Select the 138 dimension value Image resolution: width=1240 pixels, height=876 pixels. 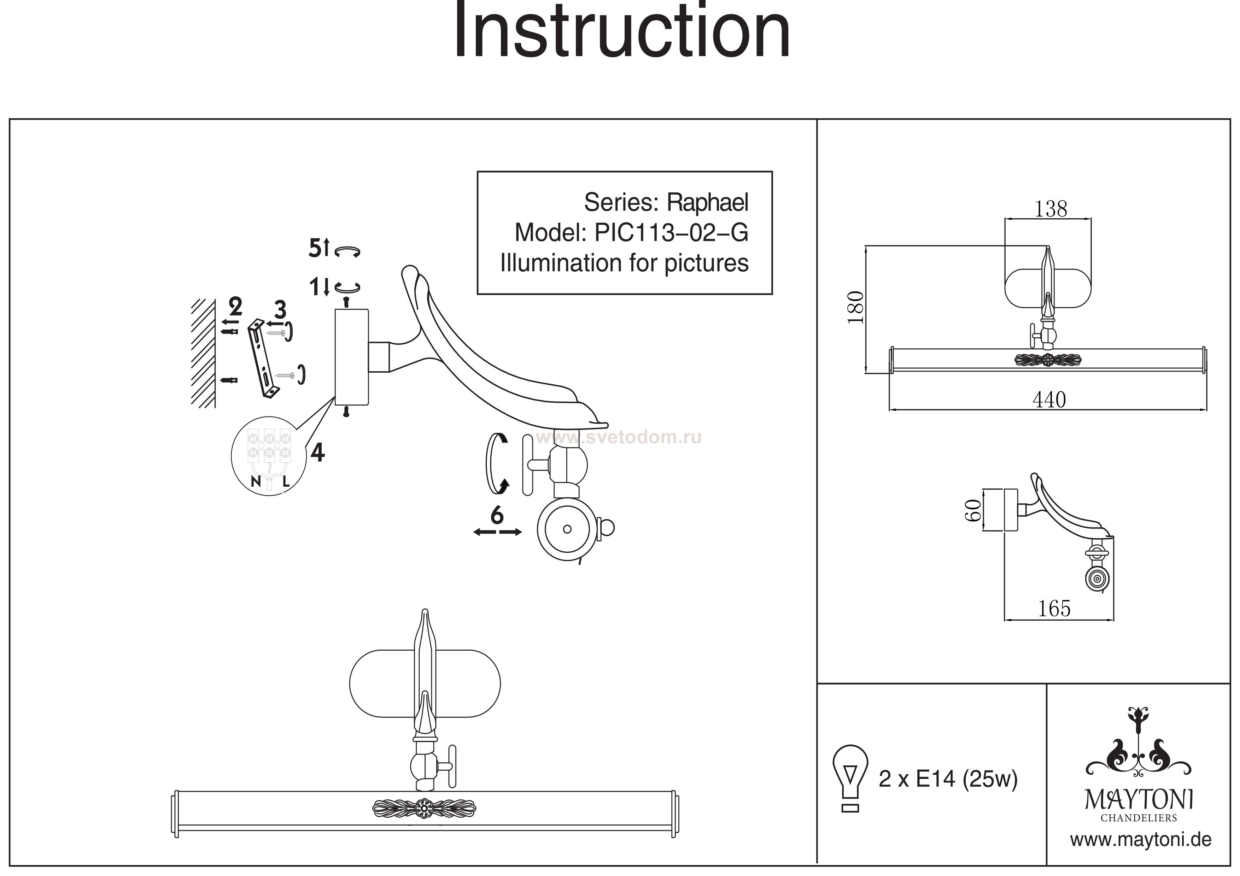tap(1051, 209)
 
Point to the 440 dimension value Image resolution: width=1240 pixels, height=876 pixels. tap(1049, 400)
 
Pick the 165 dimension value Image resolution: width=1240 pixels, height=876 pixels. tap(1054, 609)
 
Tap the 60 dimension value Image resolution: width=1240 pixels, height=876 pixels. tap(972, 510)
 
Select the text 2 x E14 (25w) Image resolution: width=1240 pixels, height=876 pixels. tap(948, 779)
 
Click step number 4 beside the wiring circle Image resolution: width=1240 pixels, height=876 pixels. tap(317, 452)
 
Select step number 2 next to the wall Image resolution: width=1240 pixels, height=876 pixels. tap(235, 307)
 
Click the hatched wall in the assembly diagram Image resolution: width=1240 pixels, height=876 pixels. tap(203, 354)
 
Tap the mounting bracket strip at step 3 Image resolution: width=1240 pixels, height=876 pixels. tap(263, 359)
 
